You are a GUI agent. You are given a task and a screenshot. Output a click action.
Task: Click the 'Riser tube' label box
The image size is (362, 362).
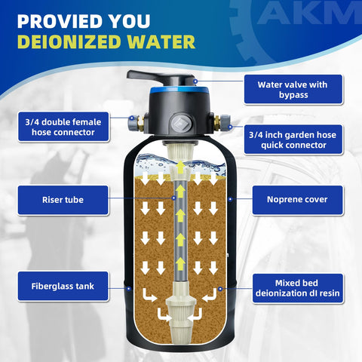(62, 200)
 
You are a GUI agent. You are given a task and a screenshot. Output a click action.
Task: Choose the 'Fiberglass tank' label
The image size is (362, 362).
(62, 287)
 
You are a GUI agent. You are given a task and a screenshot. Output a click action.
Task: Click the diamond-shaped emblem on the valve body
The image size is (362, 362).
(178, 121)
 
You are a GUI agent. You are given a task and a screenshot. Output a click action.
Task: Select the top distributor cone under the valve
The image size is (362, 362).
(181, 158)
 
